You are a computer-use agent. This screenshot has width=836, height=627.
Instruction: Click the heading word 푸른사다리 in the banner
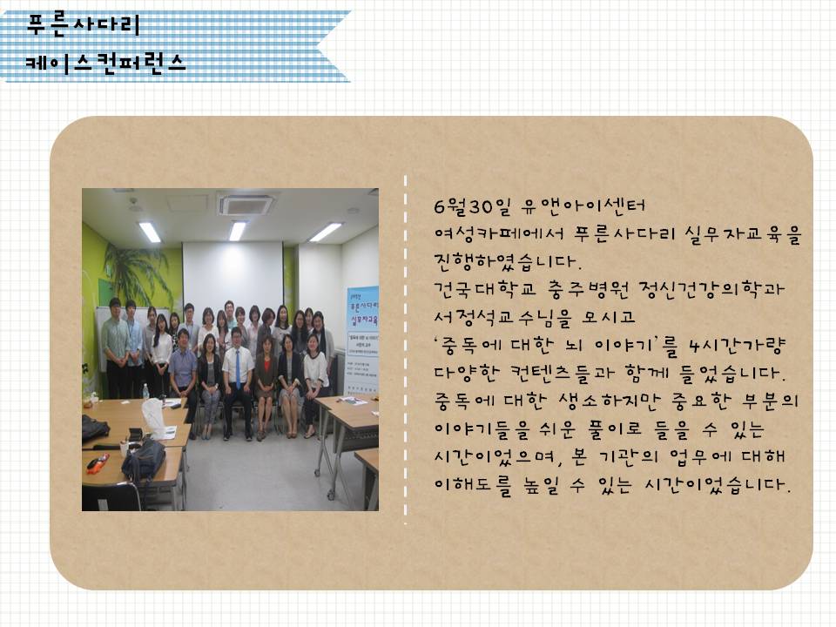(x=84, y=24)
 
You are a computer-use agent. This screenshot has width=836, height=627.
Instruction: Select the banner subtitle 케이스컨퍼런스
(x=105, y=63)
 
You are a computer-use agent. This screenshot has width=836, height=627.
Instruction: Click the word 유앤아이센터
(x=583, y=206)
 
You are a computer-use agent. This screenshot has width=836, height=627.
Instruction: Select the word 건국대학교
(x=485, y=289)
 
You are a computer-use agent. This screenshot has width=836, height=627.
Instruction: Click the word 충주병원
(x=589, y=289)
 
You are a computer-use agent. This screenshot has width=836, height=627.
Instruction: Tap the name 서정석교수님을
(x=502, y=317)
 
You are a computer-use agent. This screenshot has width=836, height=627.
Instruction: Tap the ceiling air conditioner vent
(x=246, y=204)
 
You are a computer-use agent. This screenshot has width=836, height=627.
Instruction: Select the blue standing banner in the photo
(x=363, y=341)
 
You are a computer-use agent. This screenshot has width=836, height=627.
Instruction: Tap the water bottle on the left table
(x=145, y=390)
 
